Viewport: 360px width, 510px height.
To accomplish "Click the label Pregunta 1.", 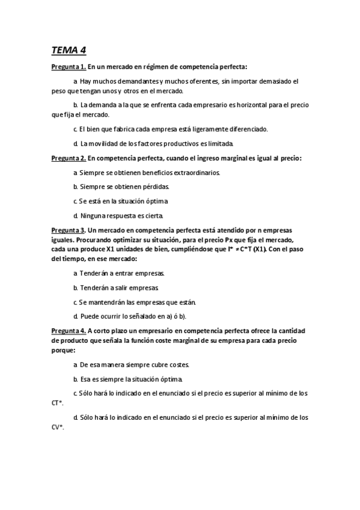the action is [x=68, y=67].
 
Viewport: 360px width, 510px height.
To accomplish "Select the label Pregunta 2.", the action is [x=68, y=159].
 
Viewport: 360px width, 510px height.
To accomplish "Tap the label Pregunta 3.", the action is [x=68, y=230].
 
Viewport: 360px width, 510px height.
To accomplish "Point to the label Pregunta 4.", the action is [x=68, y=330].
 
